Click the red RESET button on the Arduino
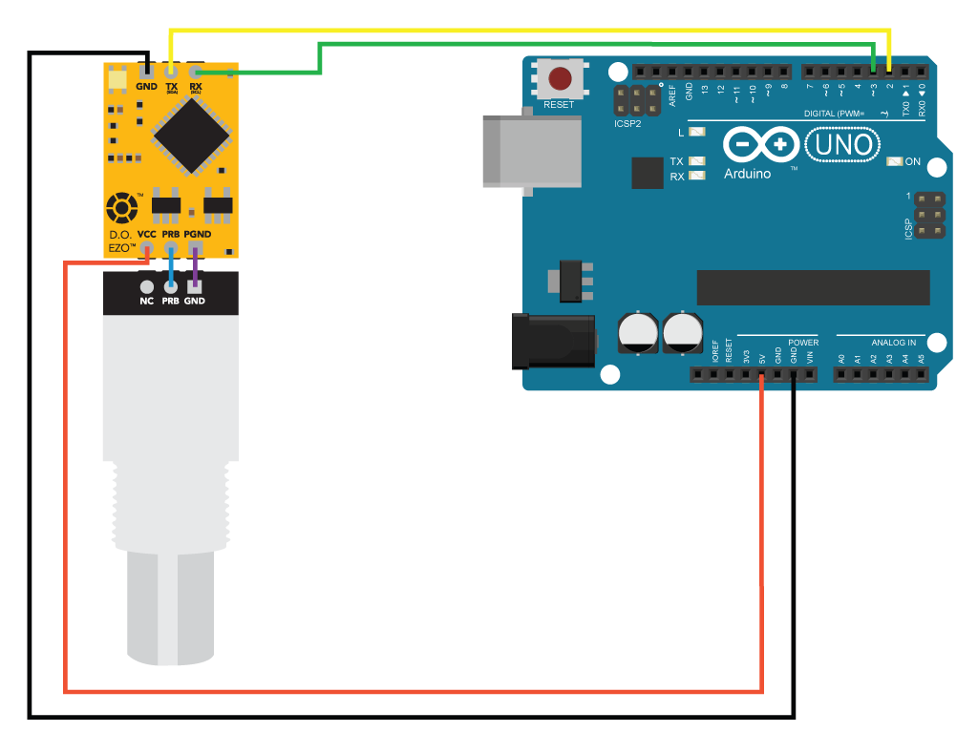pos(560,78)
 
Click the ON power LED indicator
pos(894,161)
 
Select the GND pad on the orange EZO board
pos(146,71)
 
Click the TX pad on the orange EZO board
pos(171,71)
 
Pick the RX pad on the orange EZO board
pos(196,71)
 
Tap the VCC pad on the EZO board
pos(147,250)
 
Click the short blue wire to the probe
pos(171,272)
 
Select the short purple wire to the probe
pos(195,272)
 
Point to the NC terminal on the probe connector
pos(146,286)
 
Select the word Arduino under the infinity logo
pos(748,174)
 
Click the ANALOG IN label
pos(893,342)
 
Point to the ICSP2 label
pos(627,124)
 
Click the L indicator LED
pos(696,133)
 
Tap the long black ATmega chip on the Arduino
pos(813,287)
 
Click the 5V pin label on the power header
pos(761,360)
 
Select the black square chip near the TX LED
pos(648,174)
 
